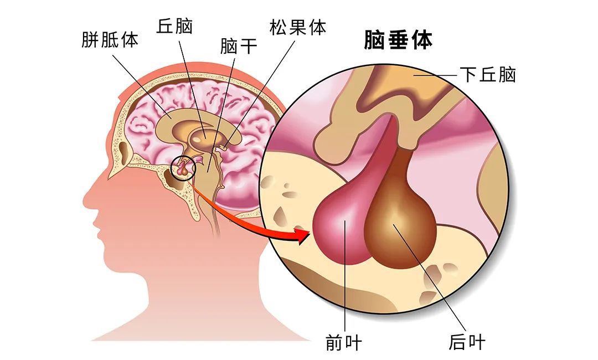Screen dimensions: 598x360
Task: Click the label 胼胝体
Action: coord(110,39)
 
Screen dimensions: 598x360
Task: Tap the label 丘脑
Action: coord(174,26)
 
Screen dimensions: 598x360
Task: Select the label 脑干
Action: coord(239,46)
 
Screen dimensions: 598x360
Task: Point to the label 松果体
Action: coord(298,27)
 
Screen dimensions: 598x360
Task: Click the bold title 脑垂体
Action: coord(398,40)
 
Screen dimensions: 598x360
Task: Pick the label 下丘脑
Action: coord(488,74)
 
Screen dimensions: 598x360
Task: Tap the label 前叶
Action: coord(344,342)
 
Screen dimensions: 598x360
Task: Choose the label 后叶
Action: coord(467,342)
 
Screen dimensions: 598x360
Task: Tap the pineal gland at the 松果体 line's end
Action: coord(225,146)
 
